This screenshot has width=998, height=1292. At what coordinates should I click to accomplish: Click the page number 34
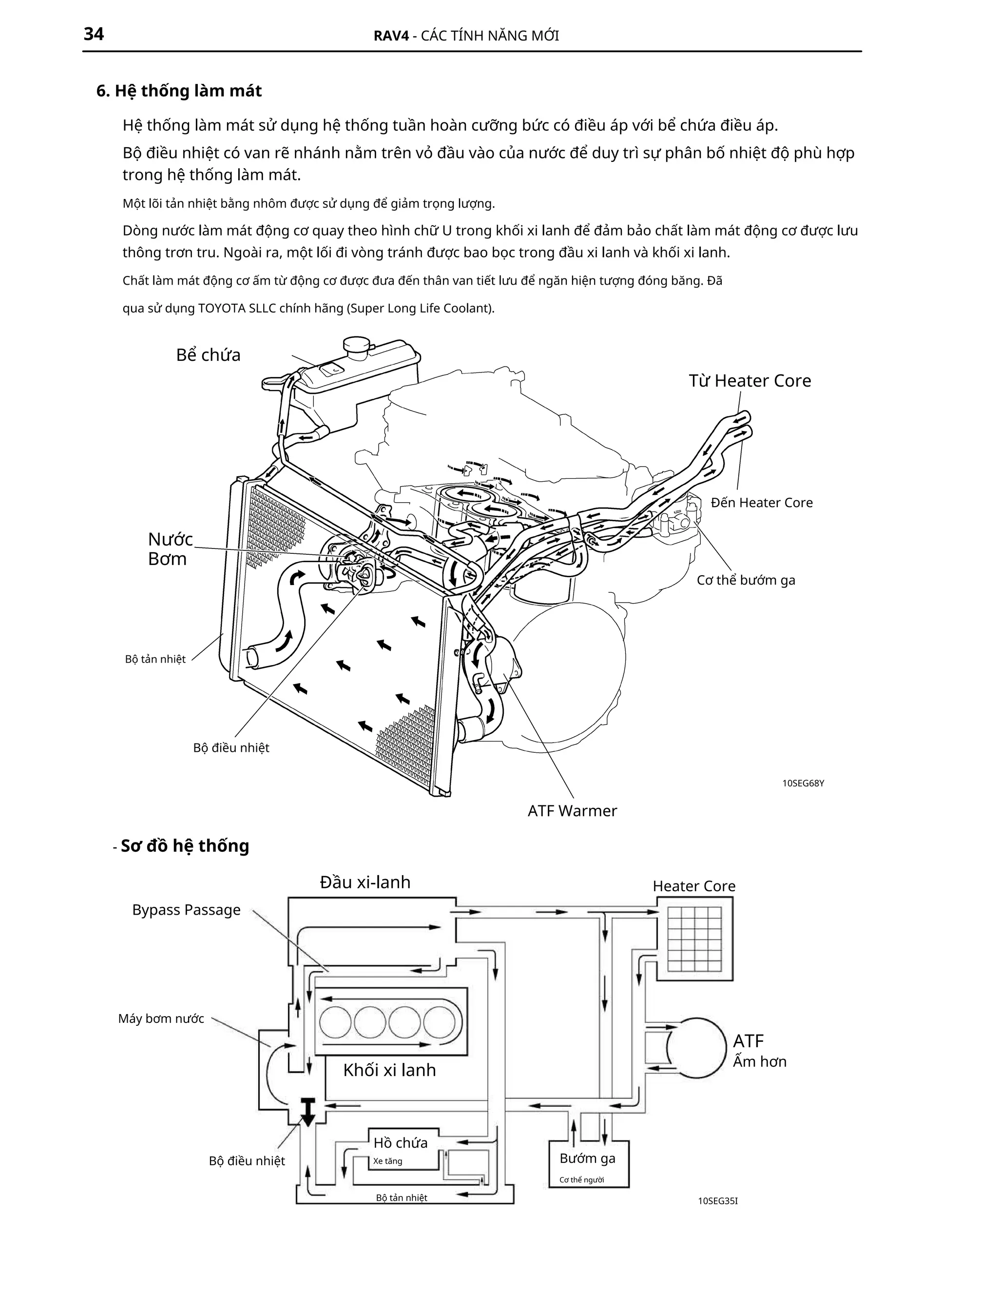(x=94, y=34)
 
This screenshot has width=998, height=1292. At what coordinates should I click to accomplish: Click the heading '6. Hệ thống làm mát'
(x=179, y=91)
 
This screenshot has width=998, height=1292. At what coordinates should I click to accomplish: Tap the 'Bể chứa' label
(x=208, y=355)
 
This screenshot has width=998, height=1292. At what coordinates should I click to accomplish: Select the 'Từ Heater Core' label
(x=749, y=380)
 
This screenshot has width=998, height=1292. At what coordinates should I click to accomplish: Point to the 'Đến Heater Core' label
(x=762, y=502)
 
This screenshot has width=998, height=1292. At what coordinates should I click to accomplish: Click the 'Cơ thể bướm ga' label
(x=746, y=580)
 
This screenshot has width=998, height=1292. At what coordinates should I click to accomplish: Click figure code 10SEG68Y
(x=803, y=783)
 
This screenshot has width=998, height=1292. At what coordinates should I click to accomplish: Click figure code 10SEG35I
(x=718, y=1201)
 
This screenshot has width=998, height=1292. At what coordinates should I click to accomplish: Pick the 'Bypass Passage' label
(x=186, y=910)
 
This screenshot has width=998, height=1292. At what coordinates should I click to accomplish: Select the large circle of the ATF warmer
(x=696, y=1048)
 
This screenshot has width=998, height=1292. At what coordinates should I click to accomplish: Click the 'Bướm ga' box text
(x=587, y=1158)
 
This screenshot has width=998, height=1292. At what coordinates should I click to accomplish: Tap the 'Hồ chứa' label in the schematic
(x=400, y=1142)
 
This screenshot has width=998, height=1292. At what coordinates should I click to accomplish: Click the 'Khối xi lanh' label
(x=390, y=1070)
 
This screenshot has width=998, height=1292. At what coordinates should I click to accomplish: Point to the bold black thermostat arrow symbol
(x=308, y=1110)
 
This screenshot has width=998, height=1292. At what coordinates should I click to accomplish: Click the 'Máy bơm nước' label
(x=161, y=1018)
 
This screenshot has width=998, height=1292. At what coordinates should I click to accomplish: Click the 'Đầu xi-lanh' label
(x=365, y=882)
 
